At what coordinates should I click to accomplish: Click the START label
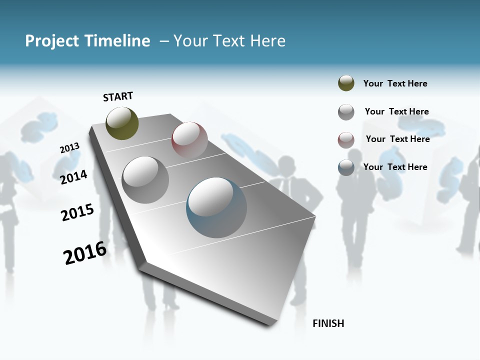(118, 96)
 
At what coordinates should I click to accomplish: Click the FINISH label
(328, 323)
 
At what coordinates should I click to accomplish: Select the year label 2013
(69, 148)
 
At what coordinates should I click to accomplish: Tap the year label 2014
(73, 177)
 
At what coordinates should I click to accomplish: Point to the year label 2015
(77, 212)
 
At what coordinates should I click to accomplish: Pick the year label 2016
(85, 253)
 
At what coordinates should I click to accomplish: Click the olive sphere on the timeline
(122, 123)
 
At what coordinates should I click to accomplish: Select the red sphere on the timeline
(189, 139)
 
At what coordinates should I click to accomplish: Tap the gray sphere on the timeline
(145, 179)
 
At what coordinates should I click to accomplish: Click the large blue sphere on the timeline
(216, 207)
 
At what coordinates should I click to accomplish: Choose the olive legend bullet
(346, 83)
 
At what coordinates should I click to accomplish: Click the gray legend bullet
(346, 112)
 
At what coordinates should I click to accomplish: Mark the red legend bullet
(346, 140)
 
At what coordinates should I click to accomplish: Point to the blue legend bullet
(346, 167)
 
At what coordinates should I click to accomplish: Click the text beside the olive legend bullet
(395, 83)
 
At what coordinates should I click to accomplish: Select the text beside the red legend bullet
(397, 139)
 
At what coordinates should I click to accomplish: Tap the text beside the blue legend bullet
(395, 167)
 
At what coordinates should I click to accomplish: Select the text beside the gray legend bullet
(396, 111)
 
